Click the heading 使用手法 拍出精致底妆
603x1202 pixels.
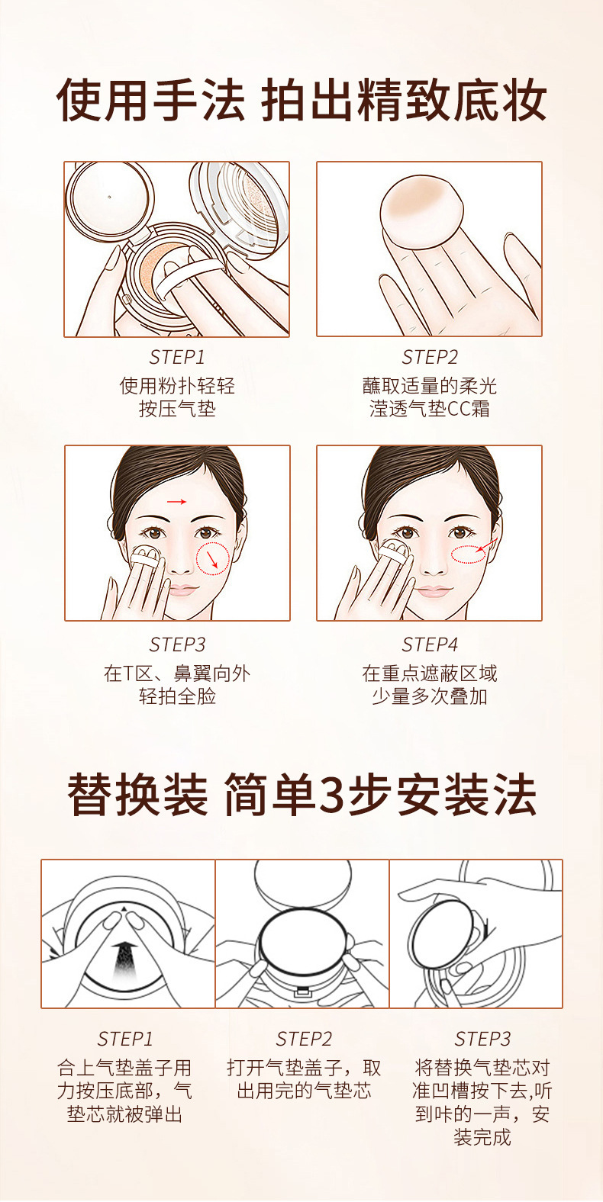tap(301, 100)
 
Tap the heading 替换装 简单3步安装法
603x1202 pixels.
tap(301, 795)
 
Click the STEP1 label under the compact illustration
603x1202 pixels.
tap(177, 357)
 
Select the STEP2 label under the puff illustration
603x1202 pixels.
tap(430, 357)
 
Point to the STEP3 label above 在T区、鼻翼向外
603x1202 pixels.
tap(177, 644)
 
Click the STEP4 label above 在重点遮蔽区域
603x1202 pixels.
tap(430, 644)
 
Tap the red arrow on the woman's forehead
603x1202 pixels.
tap(176, 502)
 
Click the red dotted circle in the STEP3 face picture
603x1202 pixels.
tap(213, 559)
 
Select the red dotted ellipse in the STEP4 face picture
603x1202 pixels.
tap(468, 554)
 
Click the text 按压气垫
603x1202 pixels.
tap(177, 409)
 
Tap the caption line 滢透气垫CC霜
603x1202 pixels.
tap(430, 409)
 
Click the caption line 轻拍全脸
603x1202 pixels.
tap(177, 696)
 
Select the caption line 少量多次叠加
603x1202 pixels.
tap(430, 696)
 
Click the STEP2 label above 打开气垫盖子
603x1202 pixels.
tap(304, 1039)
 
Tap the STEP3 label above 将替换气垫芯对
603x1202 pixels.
tap(482, 1039)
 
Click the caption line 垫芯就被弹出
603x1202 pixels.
tap(124, 1114)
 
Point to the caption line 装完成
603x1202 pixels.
tap(482, 1137)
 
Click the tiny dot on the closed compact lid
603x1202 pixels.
tap(110, 197)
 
